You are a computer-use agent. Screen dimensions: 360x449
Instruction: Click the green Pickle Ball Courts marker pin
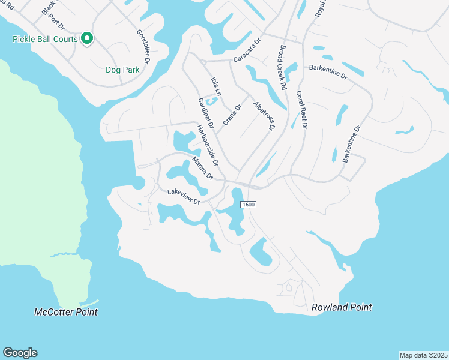[87, 39]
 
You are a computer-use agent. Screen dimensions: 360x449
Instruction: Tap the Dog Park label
[122, 70]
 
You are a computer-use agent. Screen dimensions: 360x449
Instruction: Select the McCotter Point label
[66, 312]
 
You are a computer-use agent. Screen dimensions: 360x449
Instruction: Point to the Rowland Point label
[342, 307]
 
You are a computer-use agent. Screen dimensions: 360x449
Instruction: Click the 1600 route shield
[249, 205]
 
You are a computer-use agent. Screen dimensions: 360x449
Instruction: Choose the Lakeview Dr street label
[183, 196]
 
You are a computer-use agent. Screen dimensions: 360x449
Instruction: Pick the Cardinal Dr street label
[206, 113]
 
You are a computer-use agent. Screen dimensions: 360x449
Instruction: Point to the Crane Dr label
[232, 115]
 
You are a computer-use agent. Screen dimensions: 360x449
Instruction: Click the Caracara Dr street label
[247, 51]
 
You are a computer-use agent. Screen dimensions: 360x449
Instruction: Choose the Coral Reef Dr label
[301, 110]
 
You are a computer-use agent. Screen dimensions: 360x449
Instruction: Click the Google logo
[20, 353]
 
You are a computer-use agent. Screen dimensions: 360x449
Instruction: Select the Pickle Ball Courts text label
[45, 39]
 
